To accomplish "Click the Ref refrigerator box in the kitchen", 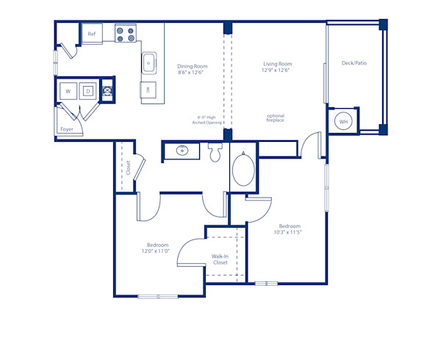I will pyautogui.click(x=92, y=34).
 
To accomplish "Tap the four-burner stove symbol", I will pyautogui.click(x=126, y=34).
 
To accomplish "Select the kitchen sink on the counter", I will pyautogui.click(x=149, y=63).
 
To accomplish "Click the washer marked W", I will pyautogui.click(x=68, y=91).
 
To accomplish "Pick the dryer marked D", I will pyautogui.click(x=87, y=91).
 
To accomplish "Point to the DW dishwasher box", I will pyautogui.click(x=148, y=90).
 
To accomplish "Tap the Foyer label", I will pyautogui.click(x=67, y=129).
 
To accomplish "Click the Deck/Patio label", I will pyautogui.click(x=354, y=63).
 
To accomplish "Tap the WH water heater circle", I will pyautogui.click(x=344, y=121).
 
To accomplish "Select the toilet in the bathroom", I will pyautogui.click(x=215, y=153).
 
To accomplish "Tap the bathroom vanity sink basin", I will pyautogui.click(x=182, y=151).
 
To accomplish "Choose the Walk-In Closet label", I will pyautogui.click(x=220, y=259).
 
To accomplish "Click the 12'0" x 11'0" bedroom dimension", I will pyautogui.click(x=157, y=251).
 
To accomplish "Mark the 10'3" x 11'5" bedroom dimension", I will pyautogui.click(x=289, y=231).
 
